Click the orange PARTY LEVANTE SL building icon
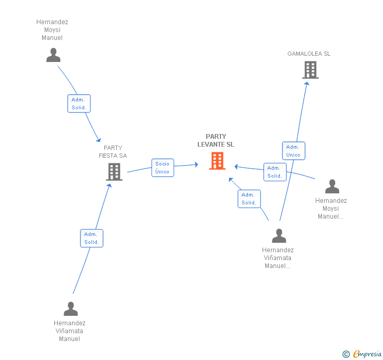tap(217, 161)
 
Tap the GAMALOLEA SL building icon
tap(310, 69)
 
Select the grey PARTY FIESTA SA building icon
tap(114, 171)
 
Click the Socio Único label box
tap(163, 168)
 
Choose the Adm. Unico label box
tap(294, 151)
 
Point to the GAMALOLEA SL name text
tap(309, 54)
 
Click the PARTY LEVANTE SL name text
tap(216, 140)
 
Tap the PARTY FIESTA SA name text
tap(113, 151)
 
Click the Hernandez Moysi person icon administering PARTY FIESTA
tap(53, 55)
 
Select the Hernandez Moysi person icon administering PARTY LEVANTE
tap(332, 187)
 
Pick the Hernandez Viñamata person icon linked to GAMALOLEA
tap(279, 236)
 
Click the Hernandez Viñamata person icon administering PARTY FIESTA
tap(70, 308)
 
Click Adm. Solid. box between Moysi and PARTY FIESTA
tap(79, 104)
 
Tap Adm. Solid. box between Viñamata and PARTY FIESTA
tap(92, 239)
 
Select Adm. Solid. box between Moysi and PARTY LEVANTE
tap(275, 172)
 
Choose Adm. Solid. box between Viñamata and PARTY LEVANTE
tap(249, 199)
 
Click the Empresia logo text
tap(367, 354)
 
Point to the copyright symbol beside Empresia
tap(346, 354)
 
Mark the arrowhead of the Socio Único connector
tap(196, 165)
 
